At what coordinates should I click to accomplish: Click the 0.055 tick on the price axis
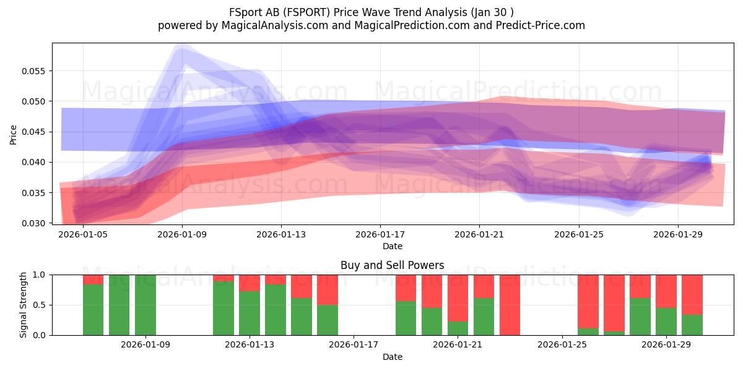(x=33, y=71)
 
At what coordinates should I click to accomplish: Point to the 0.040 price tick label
(x=33, y=162)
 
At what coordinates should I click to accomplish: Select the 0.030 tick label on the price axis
(x=33, y=223)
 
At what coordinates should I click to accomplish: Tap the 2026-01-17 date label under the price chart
(x=380, y=234)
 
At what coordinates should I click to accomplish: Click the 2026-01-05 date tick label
(x=83, y=234)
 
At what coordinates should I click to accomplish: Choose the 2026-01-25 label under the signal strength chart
(x=562, y=344)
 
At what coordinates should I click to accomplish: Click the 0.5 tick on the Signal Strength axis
(x=39, y=305)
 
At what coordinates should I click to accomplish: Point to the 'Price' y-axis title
(x=13, y=135)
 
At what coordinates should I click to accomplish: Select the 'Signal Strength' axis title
(x=23, y=305)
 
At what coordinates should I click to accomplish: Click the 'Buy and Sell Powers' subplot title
(x=393, y=265)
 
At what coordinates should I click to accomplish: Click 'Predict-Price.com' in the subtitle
(x=541, y=25)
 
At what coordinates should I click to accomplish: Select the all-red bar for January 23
(x=510, y=305)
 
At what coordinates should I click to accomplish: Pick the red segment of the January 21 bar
(x=458, y=298)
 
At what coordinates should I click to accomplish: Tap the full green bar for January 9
(x=146, y=305)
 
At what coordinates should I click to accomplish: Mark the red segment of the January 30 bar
(x=692, y=295)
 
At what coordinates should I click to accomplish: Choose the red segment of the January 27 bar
(x=614, y=303)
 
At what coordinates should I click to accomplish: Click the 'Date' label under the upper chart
(x=393, y=246)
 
